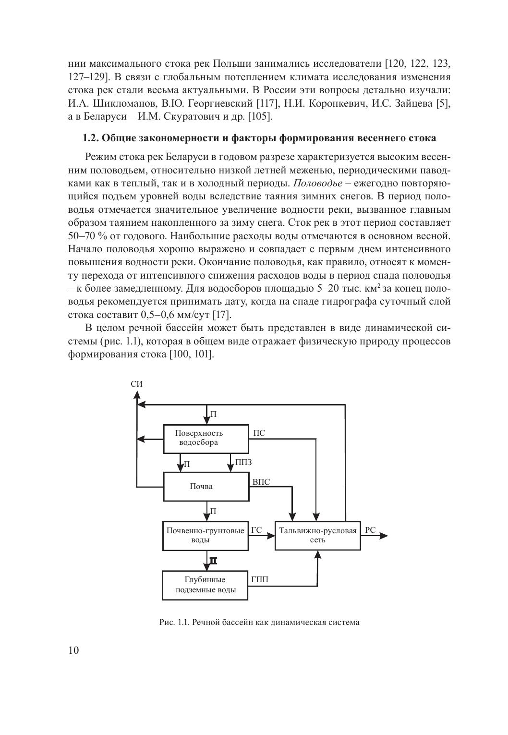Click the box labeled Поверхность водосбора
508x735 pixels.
coord(206,438)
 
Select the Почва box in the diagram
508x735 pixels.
coord(206,486)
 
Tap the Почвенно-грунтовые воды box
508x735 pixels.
coord(206,536)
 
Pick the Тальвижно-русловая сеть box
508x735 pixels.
coord(317,536)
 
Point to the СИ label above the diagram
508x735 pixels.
coord(136,384)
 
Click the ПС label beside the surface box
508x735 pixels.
coord(259,433)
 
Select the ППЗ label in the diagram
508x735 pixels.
coord(243,463)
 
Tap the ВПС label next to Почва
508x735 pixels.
coord(261,482)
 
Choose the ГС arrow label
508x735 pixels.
coord(257,530)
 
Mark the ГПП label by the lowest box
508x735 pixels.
coord(260,580)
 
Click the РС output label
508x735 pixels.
coord(370,530)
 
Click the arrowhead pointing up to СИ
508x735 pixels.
coord(137,395)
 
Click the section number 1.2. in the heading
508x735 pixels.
coord(91,138)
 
